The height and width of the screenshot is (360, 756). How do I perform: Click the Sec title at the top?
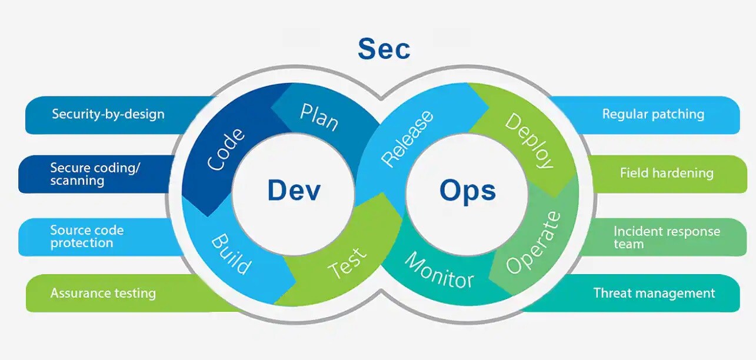point(384,49)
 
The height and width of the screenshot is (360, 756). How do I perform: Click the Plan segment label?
point(319,117)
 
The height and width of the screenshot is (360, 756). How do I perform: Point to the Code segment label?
point(227,149)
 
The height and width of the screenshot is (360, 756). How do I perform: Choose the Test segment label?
point(348,262)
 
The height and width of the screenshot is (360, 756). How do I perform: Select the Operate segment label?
point(533,242)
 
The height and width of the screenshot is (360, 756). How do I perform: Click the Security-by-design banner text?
point(108,114)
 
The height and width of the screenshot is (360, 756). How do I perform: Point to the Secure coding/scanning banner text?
point(95,174)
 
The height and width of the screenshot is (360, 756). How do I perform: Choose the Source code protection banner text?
point(86,236)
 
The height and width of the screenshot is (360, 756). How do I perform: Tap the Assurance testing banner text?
point(103,293)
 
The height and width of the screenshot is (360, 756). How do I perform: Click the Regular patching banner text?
point(653,114)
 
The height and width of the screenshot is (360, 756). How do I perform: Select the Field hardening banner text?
point(667,173)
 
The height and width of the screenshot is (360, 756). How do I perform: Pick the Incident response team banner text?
point(667,237)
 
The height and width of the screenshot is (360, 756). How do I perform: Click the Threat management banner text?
point(654,293)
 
